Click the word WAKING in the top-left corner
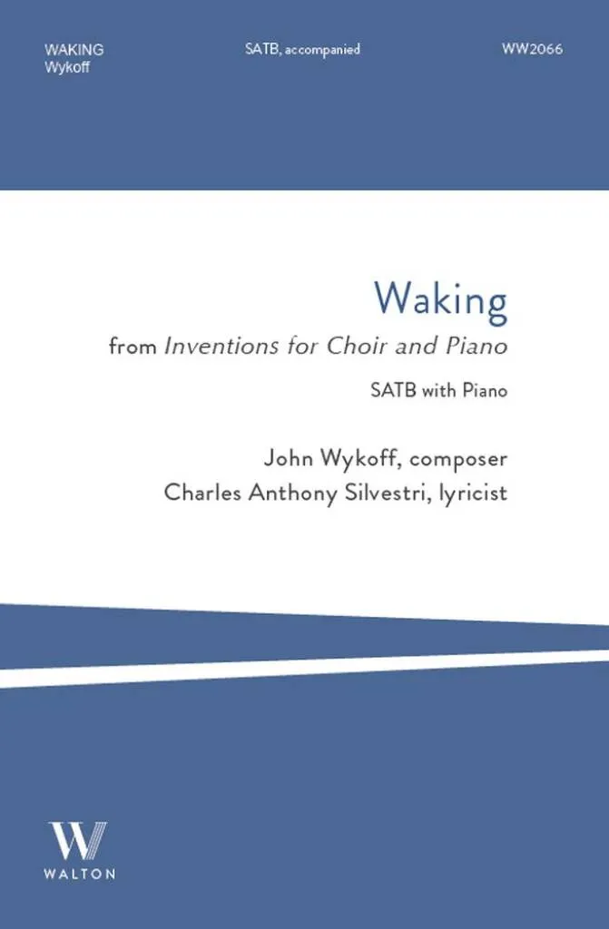pos(74,50)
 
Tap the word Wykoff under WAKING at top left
pos(67,67)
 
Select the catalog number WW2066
pos(532,49)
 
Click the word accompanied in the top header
pos(322,50)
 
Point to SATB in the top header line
pos(262,49)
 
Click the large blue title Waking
pos(440,300)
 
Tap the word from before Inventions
pos(133,346)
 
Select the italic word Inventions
pos(221,346)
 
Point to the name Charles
pos(202,493)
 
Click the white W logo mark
pos(78,840)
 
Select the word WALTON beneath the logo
pos(80,874)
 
